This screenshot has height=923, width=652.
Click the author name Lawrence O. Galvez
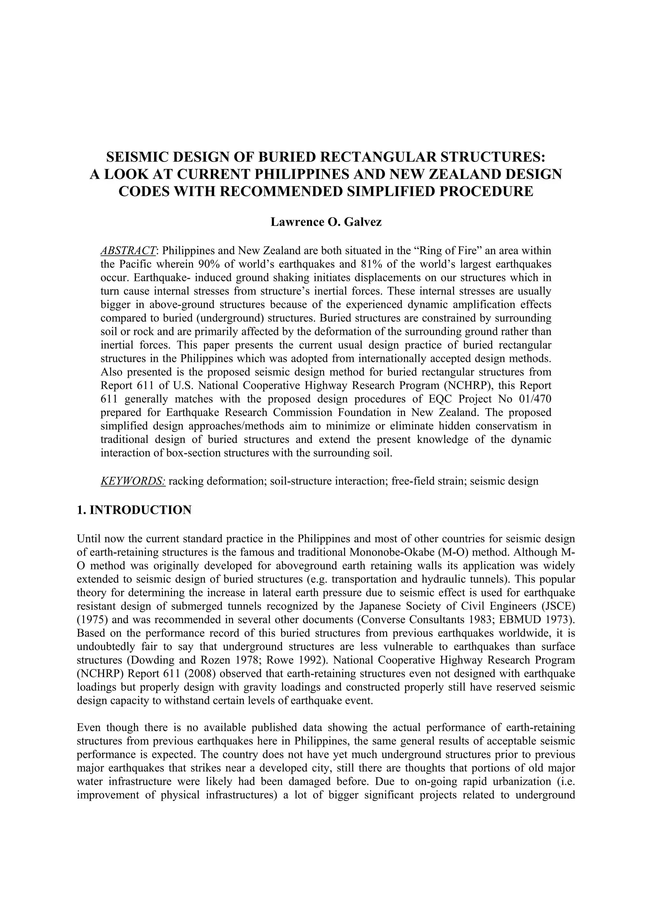click(x=326, y=222)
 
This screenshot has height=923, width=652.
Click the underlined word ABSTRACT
click(x=128, y=251)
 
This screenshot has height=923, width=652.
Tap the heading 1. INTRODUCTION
click(x=134, y=510)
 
